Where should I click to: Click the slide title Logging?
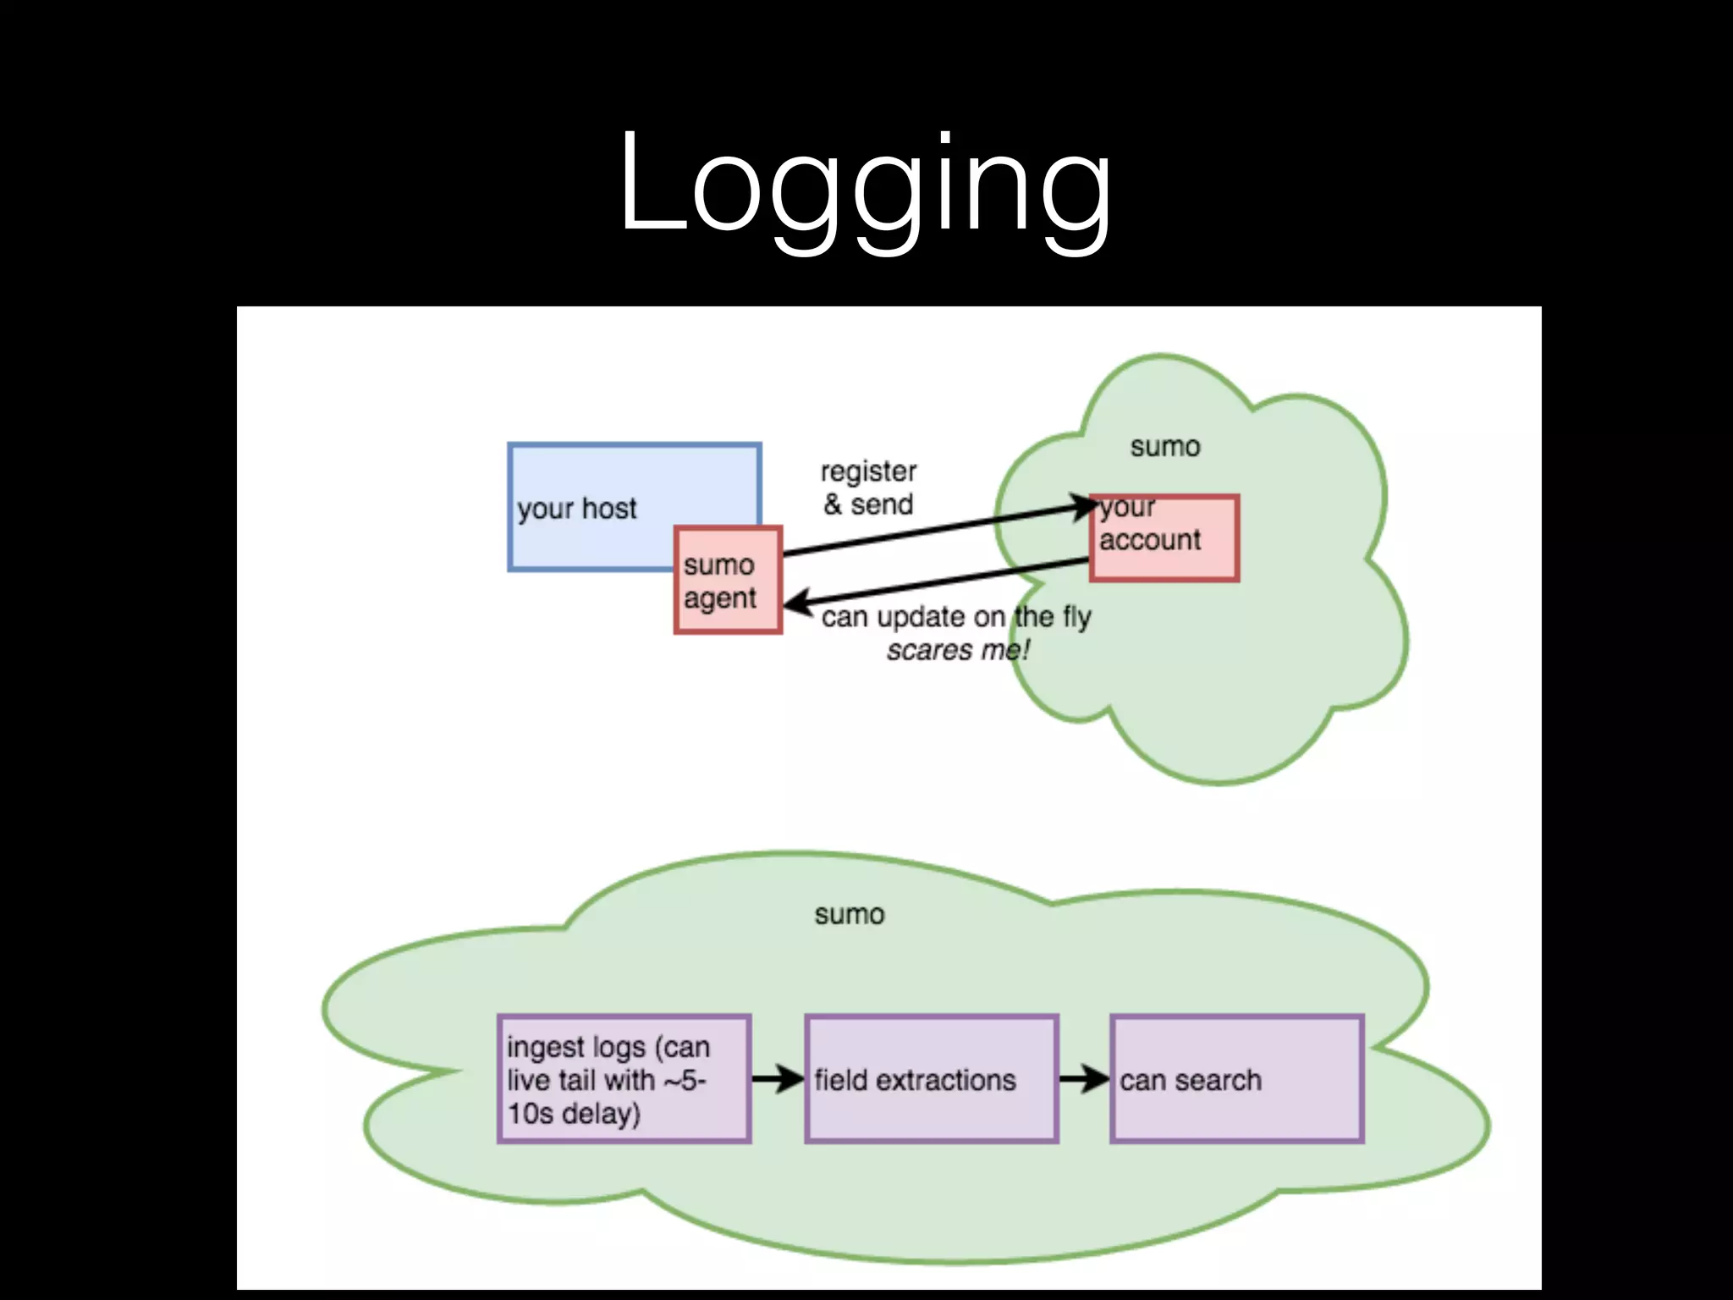click(x=865, y=185)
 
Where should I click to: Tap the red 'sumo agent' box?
click(x=728, y=581)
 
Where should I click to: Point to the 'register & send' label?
click(x=868, y=488)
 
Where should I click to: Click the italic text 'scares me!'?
click(x=957, y=651)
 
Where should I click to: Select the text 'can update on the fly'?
click(x=956, y=617)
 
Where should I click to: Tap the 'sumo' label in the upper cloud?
click(x=1165, y=447)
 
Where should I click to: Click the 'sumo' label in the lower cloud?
click(x=850, y=915)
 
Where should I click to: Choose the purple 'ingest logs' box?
click(x=624, y=1079)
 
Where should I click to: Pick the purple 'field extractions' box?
click(x=932, y=1079)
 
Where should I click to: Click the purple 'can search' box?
click(x=1236, y=1079)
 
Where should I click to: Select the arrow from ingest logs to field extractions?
click(x=777, y=1079)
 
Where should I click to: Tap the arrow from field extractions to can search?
click(x=1083, y=1079)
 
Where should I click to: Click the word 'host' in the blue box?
click(x=608, y=509)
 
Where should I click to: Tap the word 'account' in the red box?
click(x=1149, y=540)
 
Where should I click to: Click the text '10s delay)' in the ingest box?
click(x=574, y=1113)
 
